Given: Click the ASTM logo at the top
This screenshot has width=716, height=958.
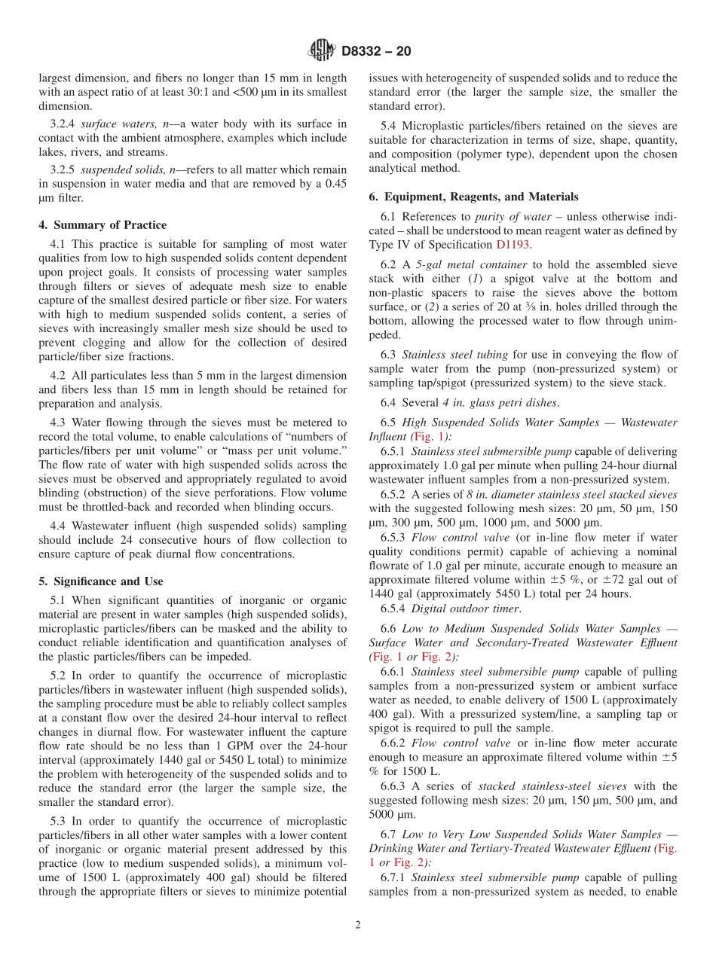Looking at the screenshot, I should coord(322,51).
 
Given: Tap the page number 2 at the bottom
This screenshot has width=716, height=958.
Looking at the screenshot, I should coord(357,925).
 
